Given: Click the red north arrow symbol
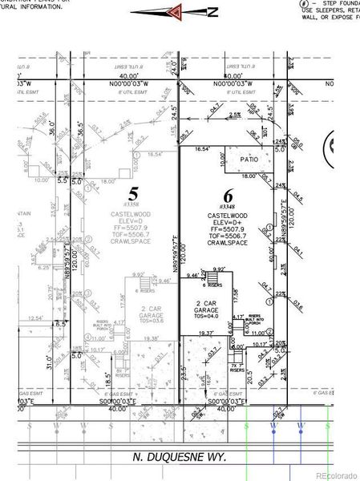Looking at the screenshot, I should click(x=175, y=11).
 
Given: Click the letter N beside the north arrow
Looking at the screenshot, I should click(x=212, y=11).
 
